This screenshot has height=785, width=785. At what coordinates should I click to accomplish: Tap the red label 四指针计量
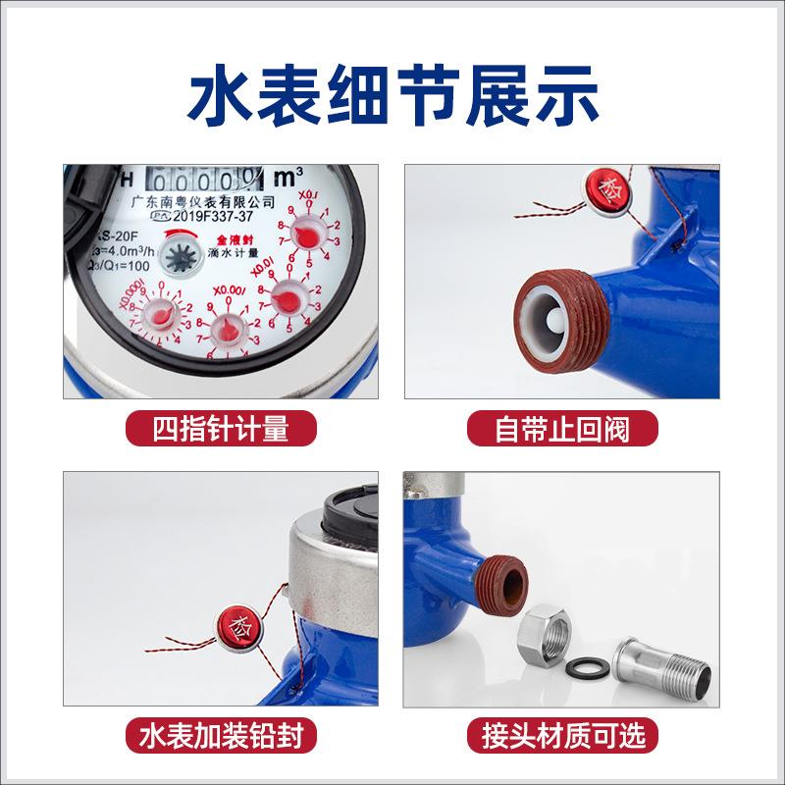pyautogui.click(x=221, y=429)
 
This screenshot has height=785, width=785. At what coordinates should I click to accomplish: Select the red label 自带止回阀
pyautogui.click(x=562, y=429)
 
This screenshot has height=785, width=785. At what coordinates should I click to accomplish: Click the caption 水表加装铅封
pyautogui.click(x=221, y=735)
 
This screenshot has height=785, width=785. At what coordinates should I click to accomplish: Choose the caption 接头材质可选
pyautogui.click(x=562, y=735)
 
